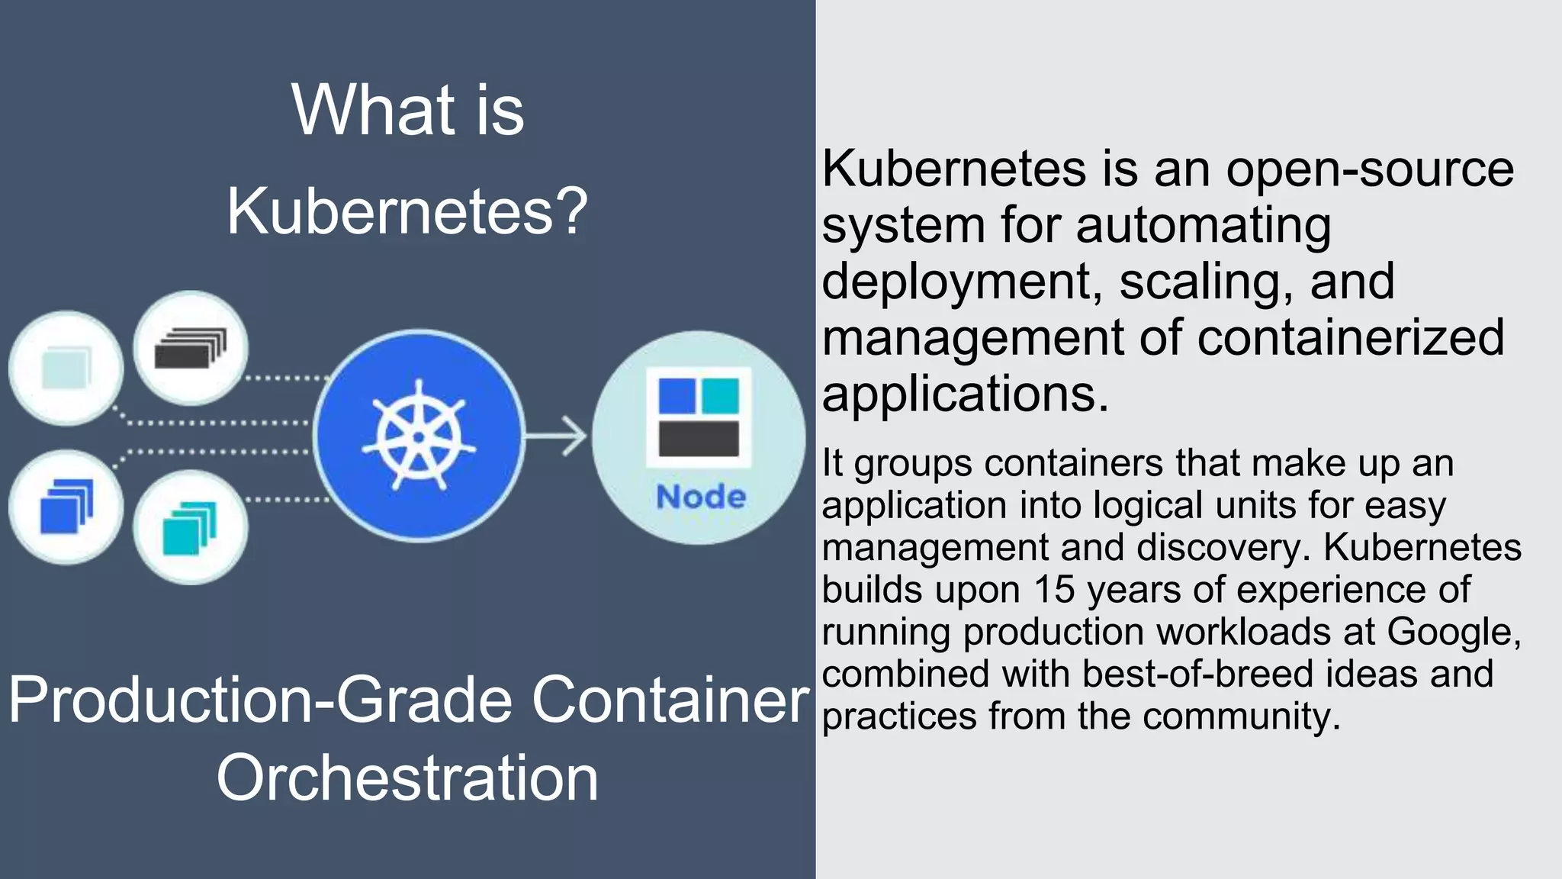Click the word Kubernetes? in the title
tap(407, 211)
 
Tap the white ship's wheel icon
tap(418, 436)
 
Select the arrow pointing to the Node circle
tap(557, 436)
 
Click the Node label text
tap(701, 497)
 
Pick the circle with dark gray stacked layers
tap(191, 348)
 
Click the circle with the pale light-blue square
tap(66, 368)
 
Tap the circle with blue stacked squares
tap(66, 507)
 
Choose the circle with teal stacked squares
tap(190, 527)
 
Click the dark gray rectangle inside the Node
tap(699, 439)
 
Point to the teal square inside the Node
tap(720, 395)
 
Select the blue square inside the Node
tap(677, 395)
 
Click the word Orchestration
tap(407, 778)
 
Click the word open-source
tap(1370, 169)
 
